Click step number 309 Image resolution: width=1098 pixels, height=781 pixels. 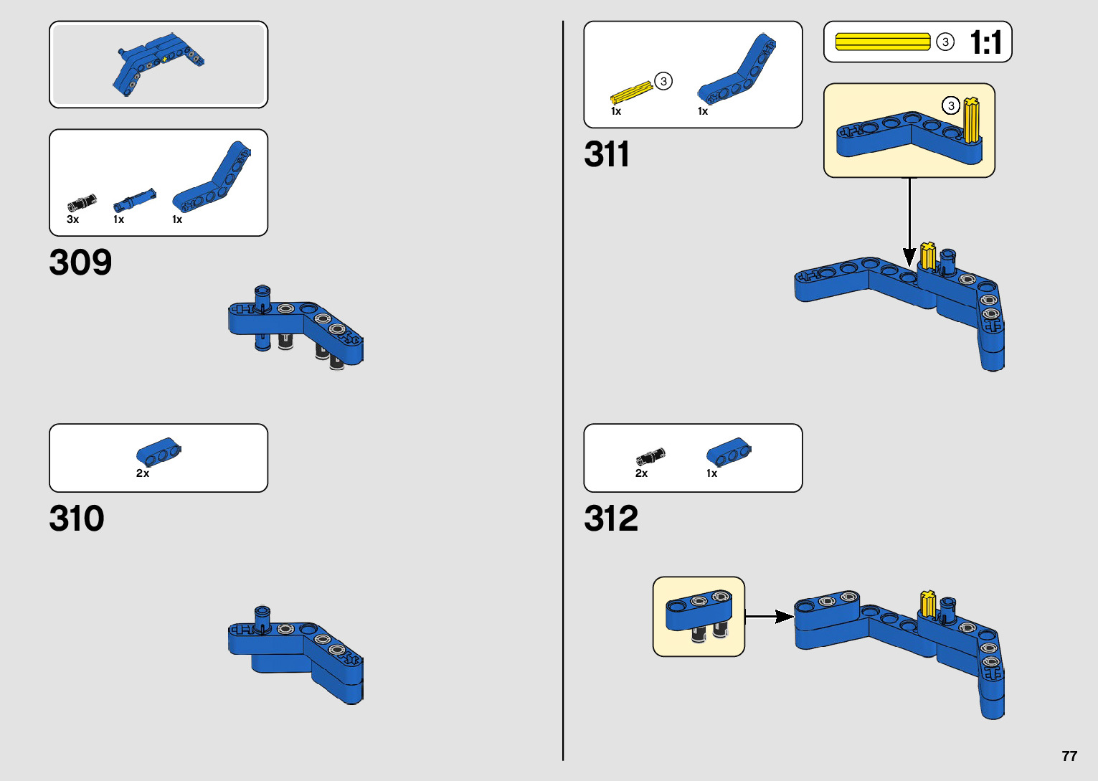(80, 262)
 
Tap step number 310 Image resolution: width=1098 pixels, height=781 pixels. (77, 519)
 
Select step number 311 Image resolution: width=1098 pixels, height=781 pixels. (607, 154)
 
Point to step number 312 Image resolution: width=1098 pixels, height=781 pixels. (611, 519)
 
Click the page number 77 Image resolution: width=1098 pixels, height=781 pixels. (1069, 756)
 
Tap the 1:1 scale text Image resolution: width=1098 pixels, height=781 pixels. (986, 42)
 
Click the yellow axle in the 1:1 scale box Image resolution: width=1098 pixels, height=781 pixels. (883, 42)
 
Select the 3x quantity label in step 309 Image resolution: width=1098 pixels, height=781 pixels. (72, 219)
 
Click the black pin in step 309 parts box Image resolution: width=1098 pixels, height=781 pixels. (82, 202)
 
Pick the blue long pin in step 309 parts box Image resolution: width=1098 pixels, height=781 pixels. (134, 200)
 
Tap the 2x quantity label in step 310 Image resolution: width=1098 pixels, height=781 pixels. (143, 473)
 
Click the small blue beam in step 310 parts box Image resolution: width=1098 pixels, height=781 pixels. (158, 451)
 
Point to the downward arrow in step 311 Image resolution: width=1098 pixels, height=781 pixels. (909, 222)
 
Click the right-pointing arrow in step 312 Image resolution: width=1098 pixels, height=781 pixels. (770, 616)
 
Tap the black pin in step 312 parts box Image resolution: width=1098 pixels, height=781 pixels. (650, 456)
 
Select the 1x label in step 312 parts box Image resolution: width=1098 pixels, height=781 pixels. (711, 473)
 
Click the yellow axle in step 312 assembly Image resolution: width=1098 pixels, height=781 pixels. (927, 603)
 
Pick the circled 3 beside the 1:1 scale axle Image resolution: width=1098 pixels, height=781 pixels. (945, 42)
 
